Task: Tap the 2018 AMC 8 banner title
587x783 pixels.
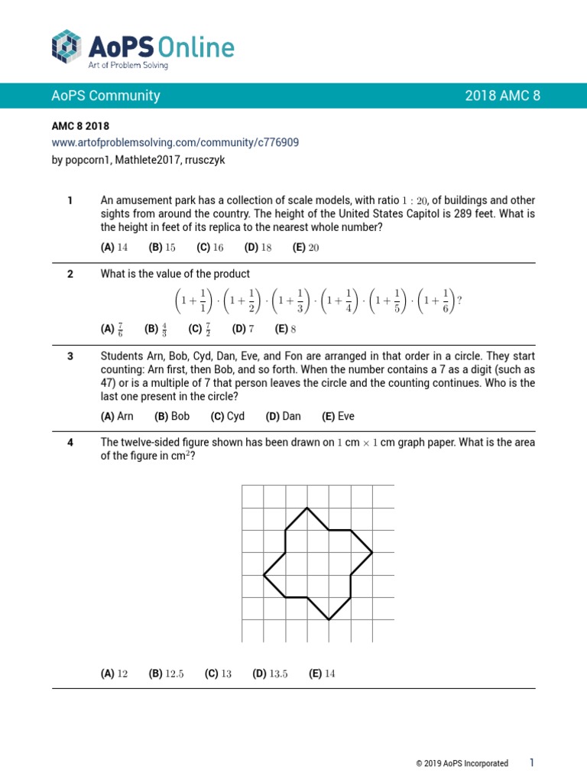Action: pyautogui.click(x=502, y=96)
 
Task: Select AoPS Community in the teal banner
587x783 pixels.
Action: pyautogui.click(x=105, y=96)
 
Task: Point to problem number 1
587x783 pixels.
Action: pyautogui.click(x=70, y=200)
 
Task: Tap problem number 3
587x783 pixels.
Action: pyautogui.click(x=70, y=356)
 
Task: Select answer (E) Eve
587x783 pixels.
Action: pyautogui.click(x=338, y=417)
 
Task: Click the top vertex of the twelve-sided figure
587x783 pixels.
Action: pyautogui.click(x=307, y=508)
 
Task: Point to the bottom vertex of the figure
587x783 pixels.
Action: pyautogui.click(x=329, y=619)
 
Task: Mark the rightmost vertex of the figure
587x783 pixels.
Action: pyautogui.click(x=373, y=551)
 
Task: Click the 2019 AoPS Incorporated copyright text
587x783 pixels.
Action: pyautogui.click(x=462, y=763)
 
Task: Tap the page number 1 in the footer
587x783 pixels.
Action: pyautogui.click(x=532, y=762)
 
